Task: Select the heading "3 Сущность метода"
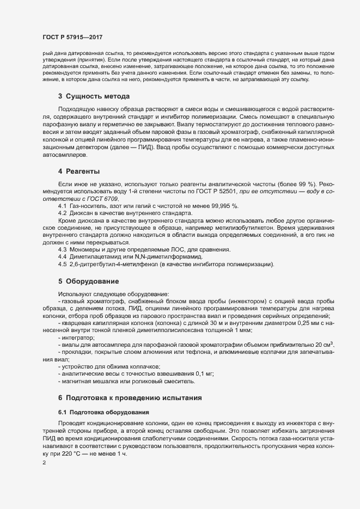94,96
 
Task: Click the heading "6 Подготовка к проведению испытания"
130,398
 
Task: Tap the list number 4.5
62,264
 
